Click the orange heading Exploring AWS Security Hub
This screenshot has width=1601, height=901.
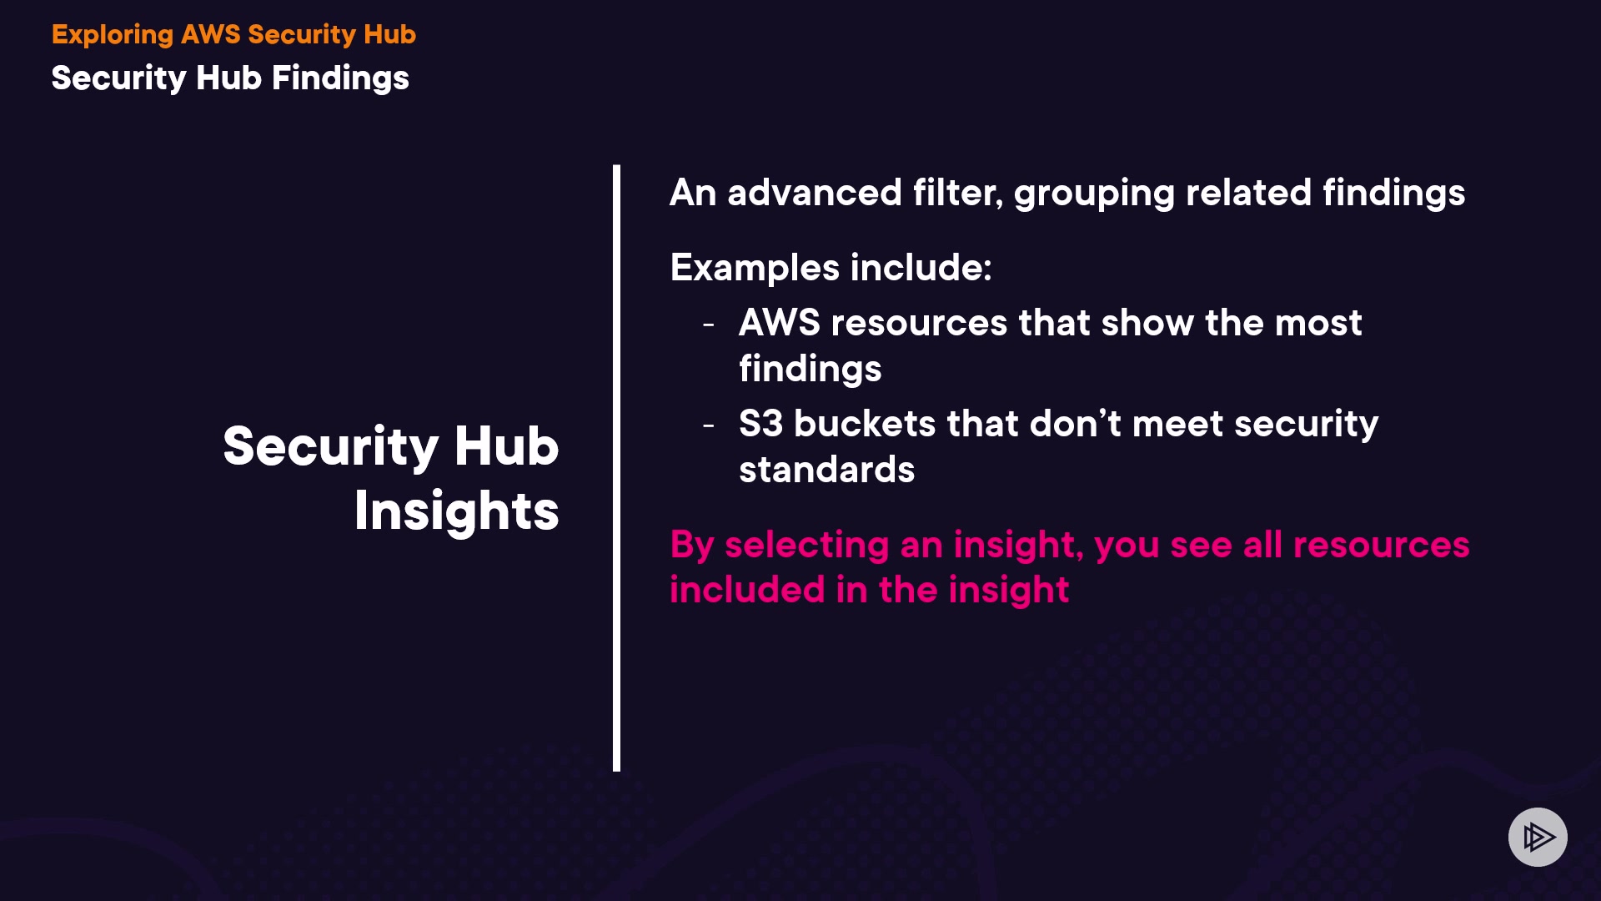point(233,35)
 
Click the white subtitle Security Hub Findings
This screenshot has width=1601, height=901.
point(230,78)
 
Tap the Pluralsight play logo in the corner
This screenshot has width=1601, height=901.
point(1538,837)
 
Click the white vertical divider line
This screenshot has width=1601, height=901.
point(616,468)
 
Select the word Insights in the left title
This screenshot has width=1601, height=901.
point(457,511)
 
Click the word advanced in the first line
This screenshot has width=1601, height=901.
point(815,193)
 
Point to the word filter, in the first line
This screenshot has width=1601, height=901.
point(958,193)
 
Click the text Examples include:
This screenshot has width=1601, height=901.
point(831,268)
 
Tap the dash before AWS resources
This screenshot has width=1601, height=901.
point(709,325)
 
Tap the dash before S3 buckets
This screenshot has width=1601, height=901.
point(709,425)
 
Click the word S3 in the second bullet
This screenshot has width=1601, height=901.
point(761,424)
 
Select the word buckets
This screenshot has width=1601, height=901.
point(865,424)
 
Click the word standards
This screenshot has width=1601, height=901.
point(827,470)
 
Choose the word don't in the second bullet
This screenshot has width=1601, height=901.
point(1076,424)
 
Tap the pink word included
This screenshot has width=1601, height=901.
point(747,590)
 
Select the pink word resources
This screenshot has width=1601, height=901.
point(1381,545)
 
